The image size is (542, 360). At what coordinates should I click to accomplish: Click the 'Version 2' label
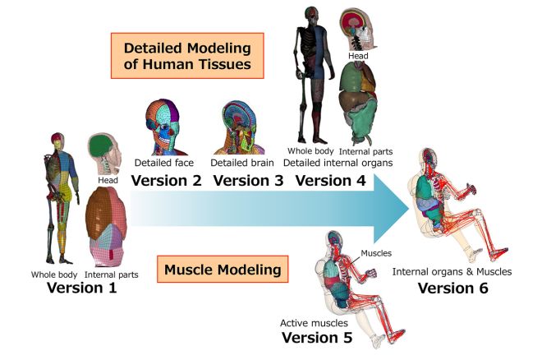tap(167, 180)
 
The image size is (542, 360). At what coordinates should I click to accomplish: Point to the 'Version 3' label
tap(246, 180)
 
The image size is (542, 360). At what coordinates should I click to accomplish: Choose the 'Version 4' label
tap(328, 180)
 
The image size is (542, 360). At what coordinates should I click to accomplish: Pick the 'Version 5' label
tap(315, 337)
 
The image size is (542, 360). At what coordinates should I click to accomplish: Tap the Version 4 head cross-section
tap(361, 31)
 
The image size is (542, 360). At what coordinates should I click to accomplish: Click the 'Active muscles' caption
tap(315, 321)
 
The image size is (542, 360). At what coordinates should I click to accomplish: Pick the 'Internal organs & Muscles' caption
tap(452, 271)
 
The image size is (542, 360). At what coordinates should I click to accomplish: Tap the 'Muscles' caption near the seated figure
tap(376, 253)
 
